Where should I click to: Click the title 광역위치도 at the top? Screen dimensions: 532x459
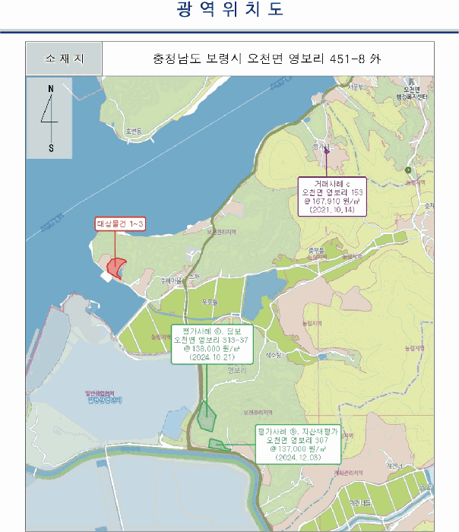pyautogui.click(x=230, y=11)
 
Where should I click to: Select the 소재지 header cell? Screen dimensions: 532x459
pyautogui.click(x=64, y=58)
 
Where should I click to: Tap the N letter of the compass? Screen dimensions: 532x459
pyautogui.click(x=51, y=89)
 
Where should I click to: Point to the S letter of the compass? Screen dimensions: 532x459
pyautogui.click(x=51, y=147)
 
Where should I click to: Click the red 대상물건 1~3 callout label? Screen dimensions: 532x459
pyautogui.click(x=120, y=223)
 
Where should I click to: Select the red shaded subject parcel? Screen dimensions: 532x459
pyautogui.click(x=116, y=267)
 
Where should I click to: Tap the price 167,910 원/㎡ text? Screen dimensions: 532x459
pyautogui.click(x=333, y=202)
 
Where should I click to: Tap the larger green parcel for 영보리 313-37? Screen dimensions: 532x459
pyautogui.click(x=206, y=415)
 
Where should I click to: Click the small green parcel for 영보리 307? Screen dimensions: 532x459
pyautogui.click(x=219, y=445)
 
